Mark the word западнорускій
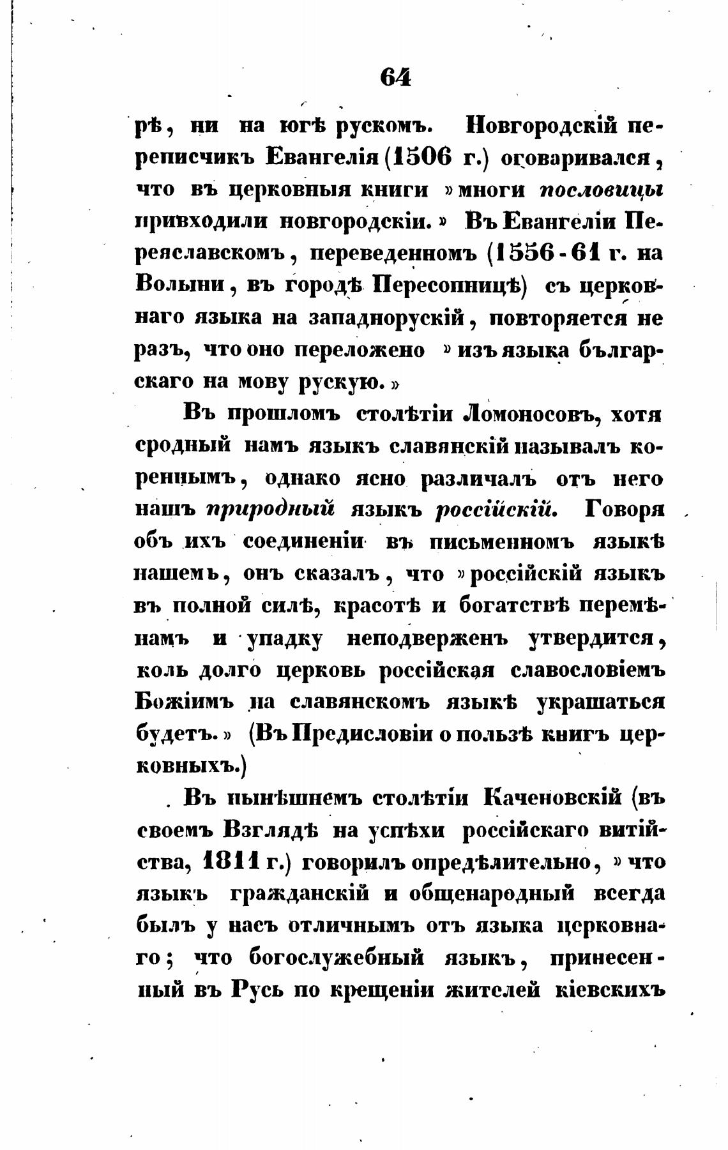[390, 317]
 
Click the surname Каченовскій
[554, 798]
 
